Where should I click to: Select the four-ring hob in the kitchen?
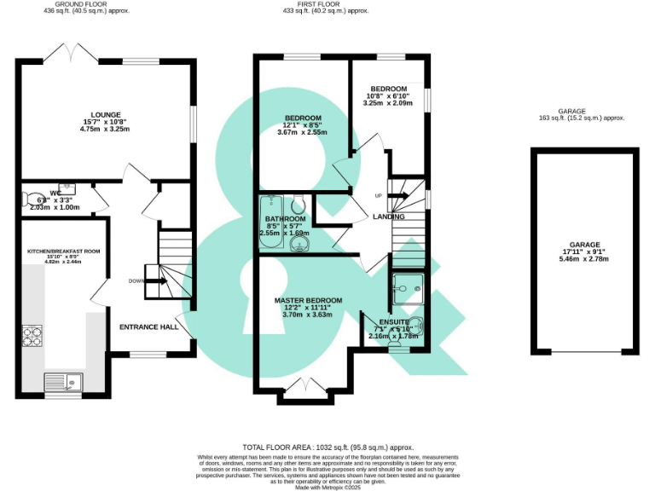click(33, 337)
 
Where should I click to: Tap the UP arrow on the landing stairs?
click(398, 195)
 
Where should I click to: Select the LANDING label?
click(388, 217)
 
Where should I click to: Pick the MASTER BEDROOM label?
click(308, 301)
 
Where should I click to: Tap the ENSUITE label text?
click(393, 322)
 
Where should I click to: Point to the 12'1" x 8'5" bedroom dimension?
click(303, 125)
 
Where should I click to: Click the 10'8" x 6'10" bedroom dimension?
click(388, 95)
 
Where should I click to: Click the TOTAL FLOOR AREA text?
click(327, 447)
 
